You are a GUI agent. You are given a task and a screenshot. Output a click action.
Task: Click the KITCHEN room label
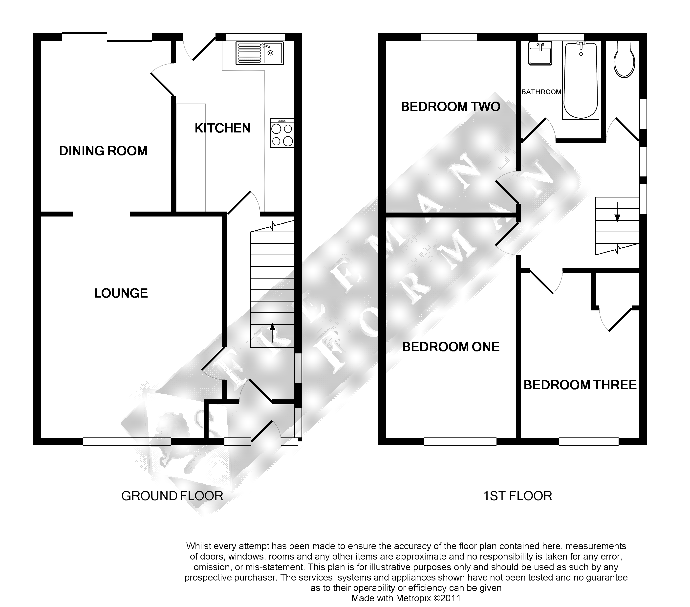pyautogui.click(x=223, y=128)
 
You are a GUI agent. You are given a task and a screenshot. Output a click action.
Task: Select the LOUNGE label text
pyautogui.click(x=121, y=293)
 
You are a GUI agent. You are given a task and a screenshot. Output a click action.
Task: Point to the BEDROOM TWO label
pyautogui.click(x=451, y=107)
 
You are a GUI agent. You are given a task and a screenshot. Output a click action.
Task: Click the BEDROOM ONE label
pyautogui.click(x=451, y=347)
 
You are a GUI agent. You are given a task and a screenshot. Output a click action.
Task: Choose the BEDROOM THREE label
pyautogui.click(x=580, y=385)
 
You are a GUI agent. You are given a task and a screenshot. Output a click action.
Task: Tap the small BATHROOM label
pyautogui.click(x=541, y=92)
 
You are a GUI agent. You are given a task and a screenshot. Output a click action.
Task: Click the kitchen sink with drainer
pyautogui.click(x=259, y=53)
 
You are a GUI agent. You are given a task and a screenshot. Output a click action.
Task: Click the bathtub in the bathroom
pyautogui.click(x=581, y=80)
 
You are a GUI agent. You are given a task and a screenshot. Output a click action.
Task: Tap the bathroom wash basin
pyautogui.click(x=540, y=53)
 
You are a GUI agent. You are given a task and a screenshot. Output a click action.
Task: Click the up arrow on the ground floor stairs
pyautogui.click(x=272, y=333)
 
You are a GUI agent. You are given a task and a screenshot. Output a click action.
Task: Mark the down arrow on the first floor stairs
pyautogui.click(x=617, y=212)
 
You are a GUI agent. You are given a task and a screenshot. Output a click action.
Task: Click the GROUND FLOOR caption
pyautogui.click(x=172, y=496)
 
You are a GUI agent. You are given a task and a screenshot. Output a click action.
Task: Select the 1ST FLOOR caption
pyautogui.click(x=517, y=496)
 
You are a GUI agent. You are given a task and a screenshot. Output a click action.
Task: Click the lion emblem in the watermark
pyautogui.click(x=175, y=442)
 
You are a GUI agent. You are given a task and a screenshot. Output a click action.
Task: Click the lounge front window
pyautogui.click(x=127, y=441)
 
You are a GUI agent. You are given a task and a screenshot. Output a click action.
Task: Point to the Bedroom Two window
pyautogui.click(x=449, y=37)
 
